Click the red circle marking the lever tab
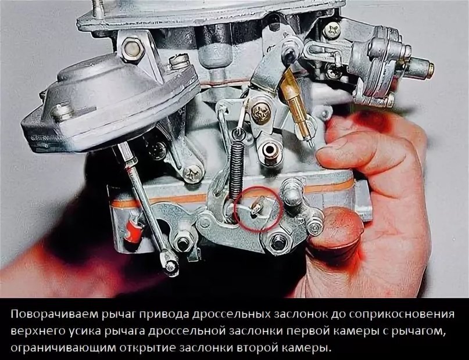[257, 186]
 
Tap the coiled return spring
[237, 167]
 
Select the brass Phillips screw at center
[260, 113]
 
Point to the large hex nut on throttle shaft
[277, 241]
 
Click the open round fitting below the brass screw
[271, 151]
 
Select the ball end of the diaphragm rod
[170, 265]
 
